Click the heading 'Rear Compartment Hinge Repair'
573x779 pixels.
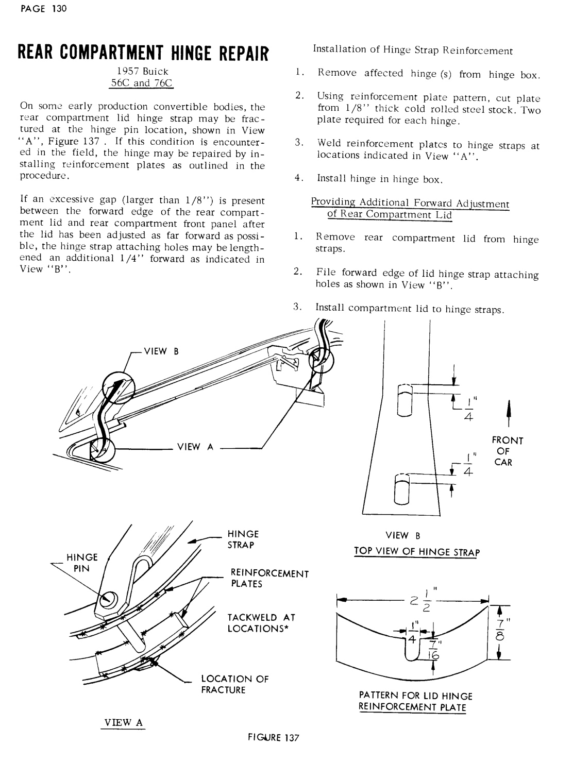click(143, 53)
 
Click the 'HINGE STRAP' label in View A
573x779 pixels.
click(243, 539)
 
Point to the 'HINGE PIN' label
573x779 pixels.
click(81, 563)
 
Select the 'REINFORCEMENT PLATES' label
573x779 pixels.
click(269, 579)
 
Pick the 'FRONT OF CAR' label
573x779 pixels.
click(507, 451)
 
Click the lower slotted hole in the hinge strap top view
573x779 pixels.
click(401, 488)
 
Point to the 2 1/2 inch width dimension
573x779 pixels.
click(414, 601)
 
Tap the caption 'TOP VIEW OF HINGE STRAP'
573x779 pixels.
click(416, 552)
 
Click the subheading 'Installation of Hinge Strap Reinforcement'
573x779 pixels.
click(413, 50)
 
